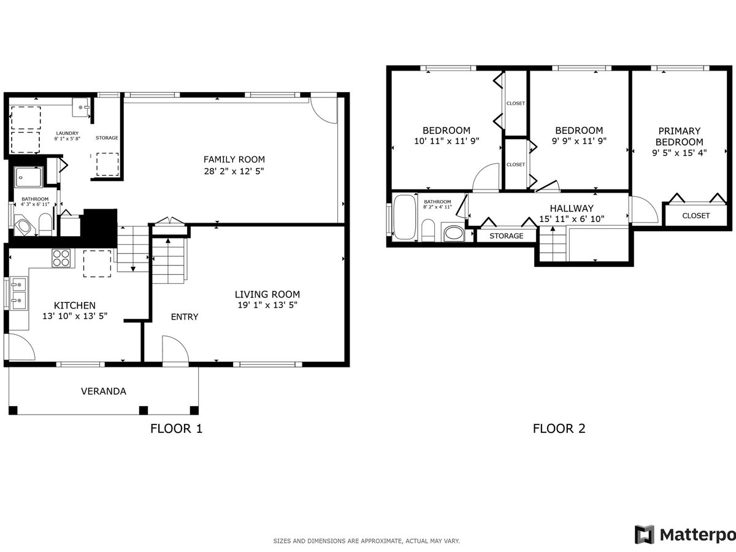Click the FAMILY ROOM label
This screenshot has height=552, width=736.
[234, 159]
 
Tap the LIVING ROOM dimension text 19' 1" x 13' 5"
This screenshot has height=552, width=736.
[267, 305]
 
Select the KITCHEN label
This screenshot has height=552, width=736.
[75, 305]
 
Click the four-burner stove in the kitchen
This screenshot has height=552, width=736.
[61, 258]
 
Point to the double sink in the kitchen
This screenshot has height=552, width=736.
[19, 293]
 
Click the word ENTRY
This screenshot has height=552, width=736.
[185, 316]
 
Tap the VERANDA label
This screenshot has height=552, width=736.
[104, 391]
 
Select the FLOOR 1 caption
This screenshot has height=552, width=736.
[177, 429]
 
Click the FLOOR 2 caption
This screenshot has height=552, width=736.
[559, 429]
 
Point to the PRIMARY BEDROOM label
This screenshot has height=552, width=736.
[680, 136]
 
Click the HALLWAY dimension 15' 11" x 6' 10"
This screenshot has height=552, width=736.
[572, 219]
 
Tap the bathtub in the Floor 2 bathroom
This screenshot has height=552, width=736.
[405, 217]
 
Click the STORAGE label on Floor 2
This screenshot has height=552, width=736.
[507, 236]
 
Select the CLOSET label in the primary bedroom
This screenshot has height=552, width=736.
[696, 216]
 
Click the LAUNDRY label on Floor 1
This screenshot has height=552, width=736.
[67, 133]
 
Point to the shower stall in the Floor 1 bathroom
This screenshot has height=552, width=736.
[28, 177]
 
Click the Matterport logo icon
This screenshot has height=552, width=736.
[645, 535]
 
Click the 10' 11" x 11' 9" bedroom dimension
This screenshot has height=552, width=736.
[447, 141]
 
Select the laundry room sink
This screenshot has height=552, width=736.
[80, 107]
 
